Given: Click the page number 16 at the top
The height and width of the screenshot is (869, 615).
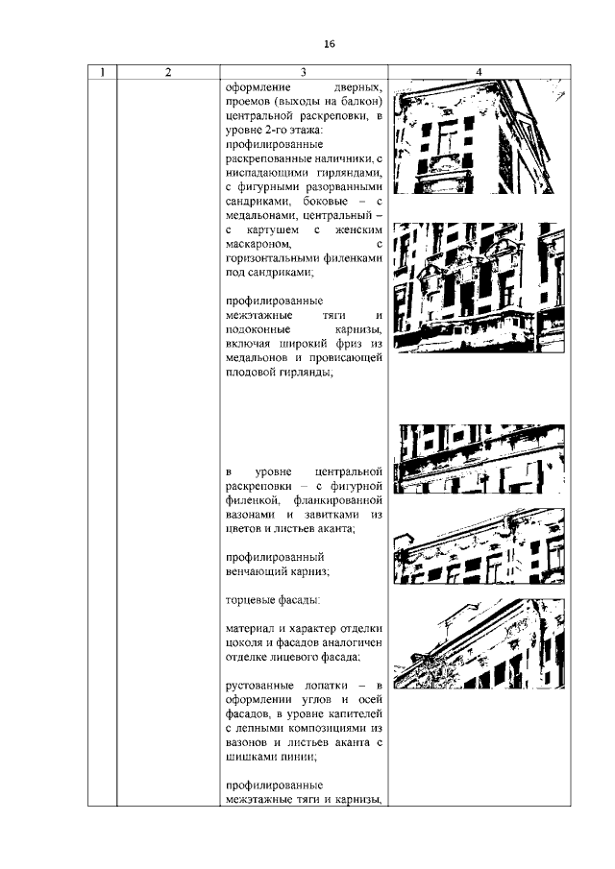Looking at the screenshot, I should click(x=329, y=44).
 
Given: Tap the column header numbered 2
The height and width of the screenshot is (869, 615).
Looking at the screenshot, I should click(x=167, y=72).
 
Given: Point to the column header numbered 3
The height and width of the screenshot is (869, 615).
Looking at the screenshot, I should click(x=303, y=72).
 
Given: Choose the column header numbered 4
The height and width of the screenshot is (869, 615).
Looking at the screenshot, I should click(x=478, y=72).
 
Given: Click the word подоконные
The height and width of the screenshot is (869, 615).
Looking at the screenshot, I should click(x=262, y=329).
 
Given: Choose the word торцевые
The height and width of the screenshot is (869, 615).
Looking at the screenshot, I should click(x=253, y=600).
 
